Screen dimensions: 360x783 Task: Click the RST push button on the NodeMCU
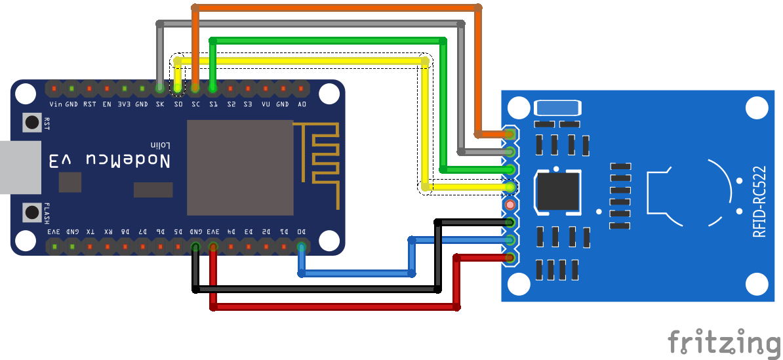tap(31, 122)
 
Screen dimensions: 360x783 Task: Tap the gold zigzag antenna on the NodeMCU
tap(321, 157)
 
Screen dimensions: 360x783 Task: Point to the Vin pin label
tap(54, 104)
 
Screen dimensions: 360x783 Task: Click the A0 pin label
tap(301, 104)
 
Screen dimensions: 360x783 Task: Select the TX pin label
tap(90, 231)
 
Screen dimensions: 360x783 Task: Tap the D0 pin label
tap(301, 231)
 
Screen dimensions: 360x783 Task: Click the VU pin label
tap(266, 104)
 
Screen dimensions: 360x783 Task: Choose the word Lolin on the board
tap(159, 145)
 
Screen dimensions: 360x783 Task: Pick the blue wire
tap(357, 272)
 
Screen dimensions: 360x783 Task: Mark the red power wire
tap(334, 306)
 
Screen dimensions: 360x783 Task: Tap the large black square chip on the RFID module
tap(558, 192)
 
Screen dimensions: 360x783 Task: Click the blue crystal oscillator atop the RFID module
tap(557, 108)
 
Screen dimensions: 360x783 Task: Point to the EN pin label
tap(107, 104)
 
